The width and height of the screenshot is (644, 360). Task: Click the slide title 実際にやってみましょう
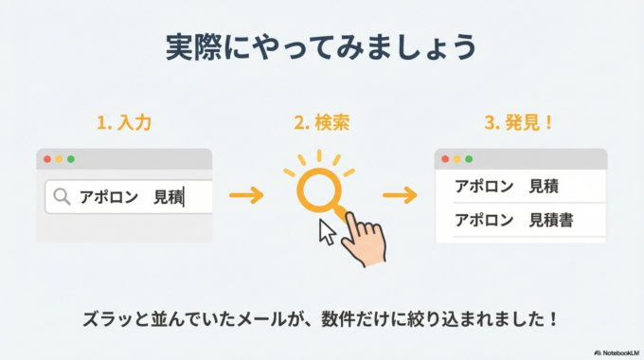pos(321,48)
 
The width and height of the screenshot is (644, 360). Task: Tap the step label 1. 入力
pos(123,123)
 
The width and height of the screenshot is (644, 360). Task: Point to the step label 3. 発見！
pos(520,123)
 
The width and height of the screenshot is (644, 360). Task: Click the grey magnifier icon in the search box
pos(63,197)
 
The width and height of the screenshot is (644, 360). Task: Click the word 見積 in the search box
pos(168,197)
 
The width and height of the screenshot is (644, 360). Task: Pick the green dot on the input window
pos(70,159)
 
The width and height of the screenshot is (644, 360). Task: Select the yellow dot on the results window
pos(456,159)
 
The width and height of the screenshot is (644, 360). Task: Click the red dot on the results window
pos(445,159)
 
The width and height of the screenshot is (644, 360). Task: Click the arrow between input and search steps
pos(246,196)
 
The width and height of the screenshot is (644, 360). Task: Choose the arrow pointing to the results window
pos(400,196)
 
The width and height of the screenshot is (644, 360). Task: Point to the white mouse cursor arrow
pos(328,231)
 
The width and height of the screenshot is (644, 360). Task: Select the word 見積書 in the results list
pos(554,221)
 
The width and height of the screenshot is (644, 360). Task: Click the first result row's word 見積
pos(544,186)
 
